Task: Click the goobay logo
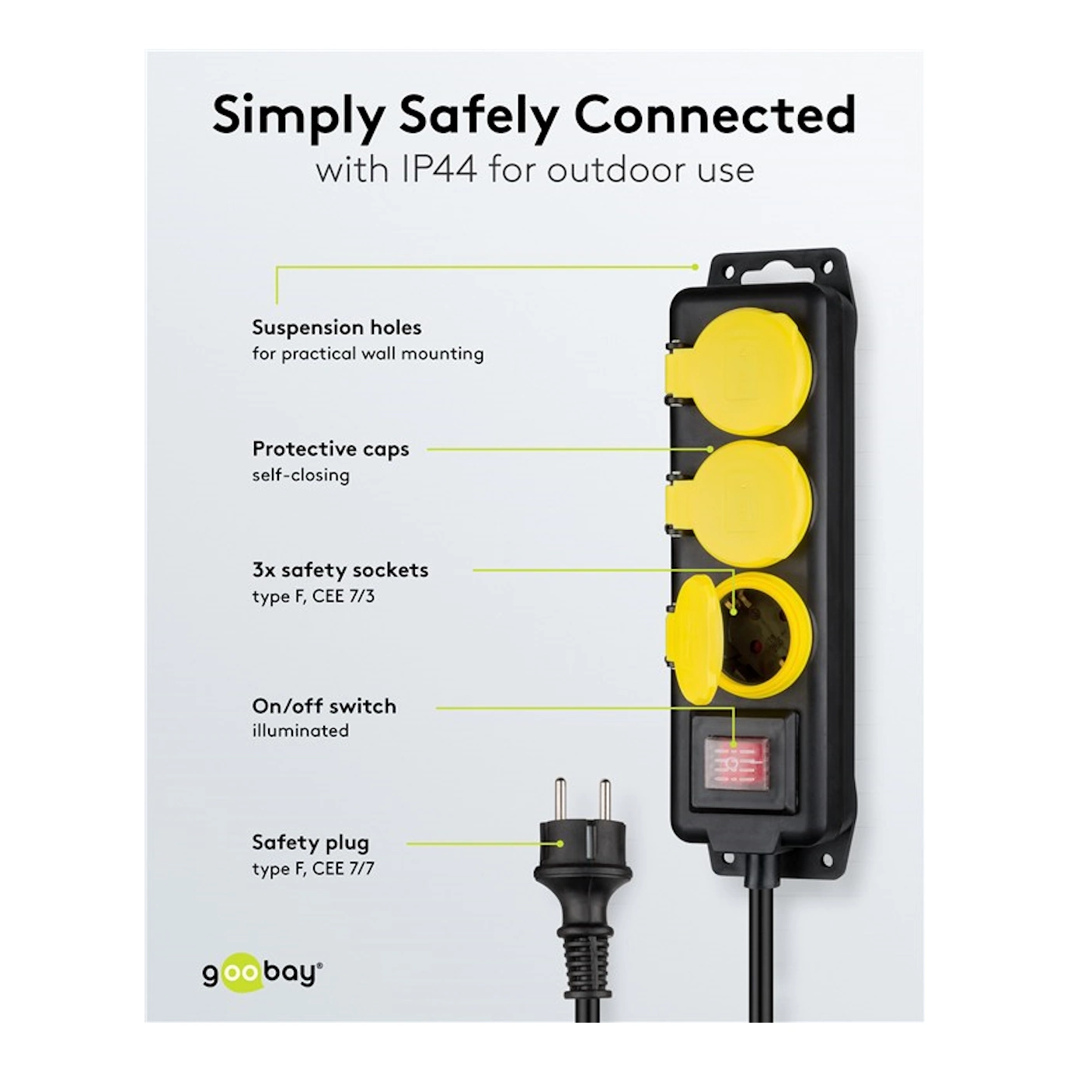click(x=263, y=974)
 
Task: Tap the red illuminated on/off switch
click(x=737, y=763)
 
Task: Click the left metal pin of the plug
click(x=560, y=800)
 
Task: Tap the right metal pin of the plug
click(x=605, y=800)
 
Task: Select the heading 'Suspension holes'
click(x=337, y=327)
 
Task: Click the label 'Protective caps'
click(x=330, y=449)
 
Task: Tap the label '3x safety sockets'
click(x=340, y=570)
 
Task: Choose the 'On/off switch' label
click(x=324, y=706)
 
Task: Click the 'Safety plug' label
click(x=311, y=843)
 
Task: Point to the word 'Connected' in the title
click(x=715, y=115)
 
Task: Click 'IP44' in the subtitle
click(x=438, y=170)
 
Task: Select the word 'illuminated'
click(x=301, y=731)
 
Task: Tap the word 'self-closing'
click(x=301, y=476)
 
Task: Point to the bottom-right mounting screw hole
click(x=828, y=858)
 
